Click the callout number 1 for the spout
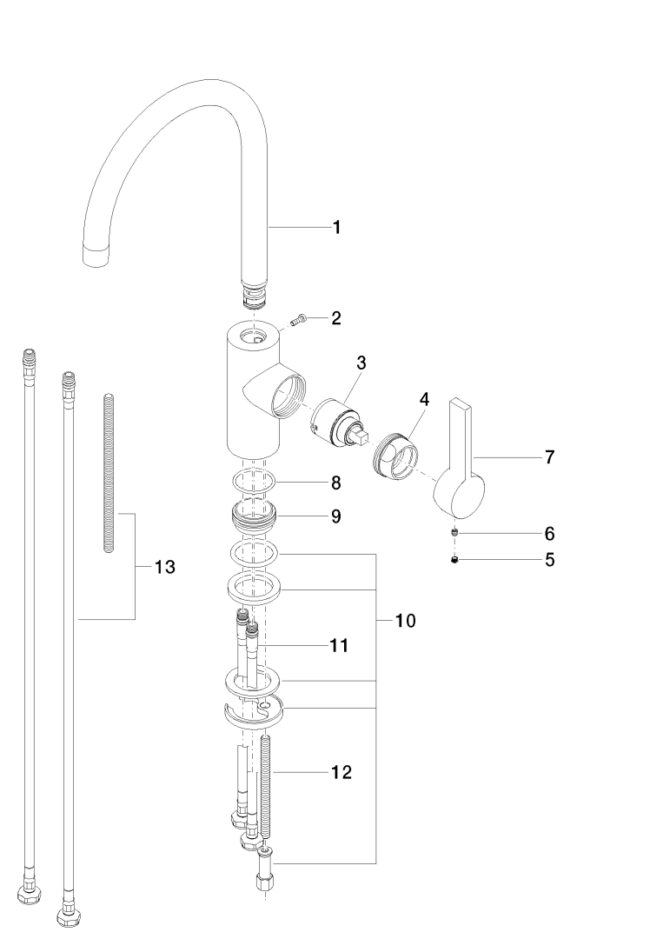point(336,228)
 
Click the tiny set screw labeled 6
point(454,533)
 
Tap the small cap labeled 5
point(454,560)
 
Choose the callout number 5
point(549,560)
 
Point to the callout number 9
point(335,516)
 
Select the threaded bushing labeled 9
point(254,516)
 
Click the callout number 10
point(405,621)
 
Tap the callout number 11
point(338,645)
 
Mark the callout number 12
point(341,771)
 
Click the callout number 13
point(164,568)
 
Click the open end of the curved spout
point(96,255)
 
